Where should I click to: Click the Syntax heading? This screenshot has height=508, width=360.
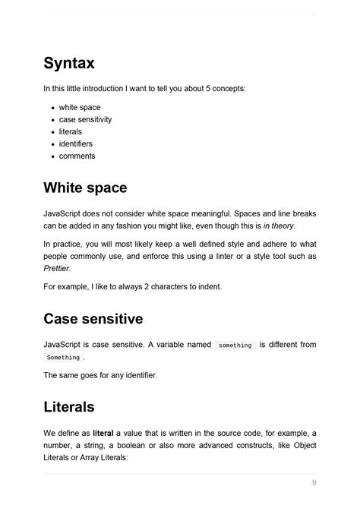click(69, 63)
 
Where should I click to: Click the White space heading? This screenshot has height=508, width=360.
click(85, 188)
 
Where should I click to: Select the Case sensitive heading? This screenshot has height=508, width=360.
click(93, 318)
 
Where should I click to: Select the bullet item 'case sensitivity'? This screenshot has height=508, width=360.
click(85, 120)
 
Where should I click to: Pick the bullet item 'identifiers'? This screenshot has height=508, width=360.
click(77, 144)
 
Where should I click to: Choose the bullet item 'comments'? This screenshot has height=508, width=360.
click(77, 156)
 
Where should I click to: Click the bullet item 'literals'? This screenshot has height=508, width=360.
click(71, 131)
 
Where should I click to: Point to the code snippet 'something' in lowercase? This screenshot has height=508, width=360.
click(235, 346)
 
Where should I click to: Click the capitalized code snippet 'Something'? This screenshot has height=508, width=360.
click(63, 358)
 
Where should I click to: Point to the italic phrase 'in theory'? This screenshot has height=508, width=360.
click(279, 226)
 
